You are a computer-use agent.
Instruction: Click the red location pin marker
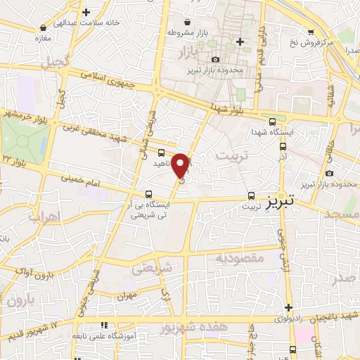[181, 165]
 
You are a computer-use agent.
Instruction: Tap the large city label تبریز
[285, 202]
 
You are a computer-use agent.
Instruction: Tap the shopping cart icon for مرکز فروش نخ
[311, 32]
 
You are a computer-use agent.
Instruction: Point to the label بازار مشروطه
[186, 32]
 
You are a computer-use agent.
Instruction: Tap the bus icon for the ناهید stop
[162, 152]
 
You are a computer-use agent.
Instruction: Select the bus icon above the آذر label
[283, 147]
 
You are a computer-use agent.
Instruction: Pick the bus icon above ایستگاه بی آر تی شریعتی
[148, 194]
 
